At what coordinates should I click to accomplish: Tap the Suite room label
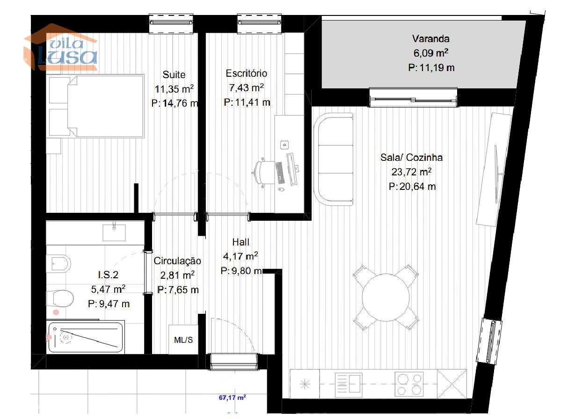[174, 75]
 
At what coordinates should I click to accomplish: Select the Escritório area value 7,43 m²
[246, 88]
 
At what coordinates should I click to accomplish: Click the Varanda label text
[430, 38]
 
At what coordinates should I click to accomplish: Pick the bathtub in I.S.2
[86, 337]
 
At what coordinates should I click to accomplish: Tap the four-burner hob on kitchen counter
[409, 383]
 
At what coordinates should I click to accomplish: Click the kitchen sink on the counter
[349, 383]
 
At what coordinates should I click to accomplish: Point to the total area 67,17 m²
[233, 398]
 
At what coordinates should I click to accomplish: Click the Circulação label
[177, 261]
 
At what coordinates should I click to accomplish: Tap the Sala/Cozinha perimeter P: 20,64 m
[412, 187]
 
